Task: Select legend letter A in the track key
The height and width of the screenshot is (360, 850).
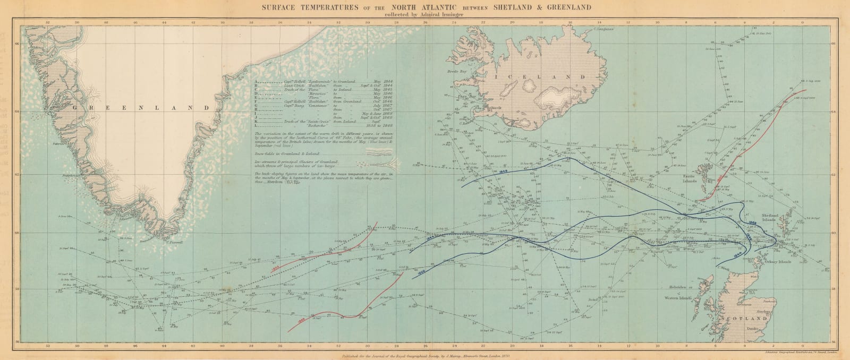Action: [256, 76]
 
